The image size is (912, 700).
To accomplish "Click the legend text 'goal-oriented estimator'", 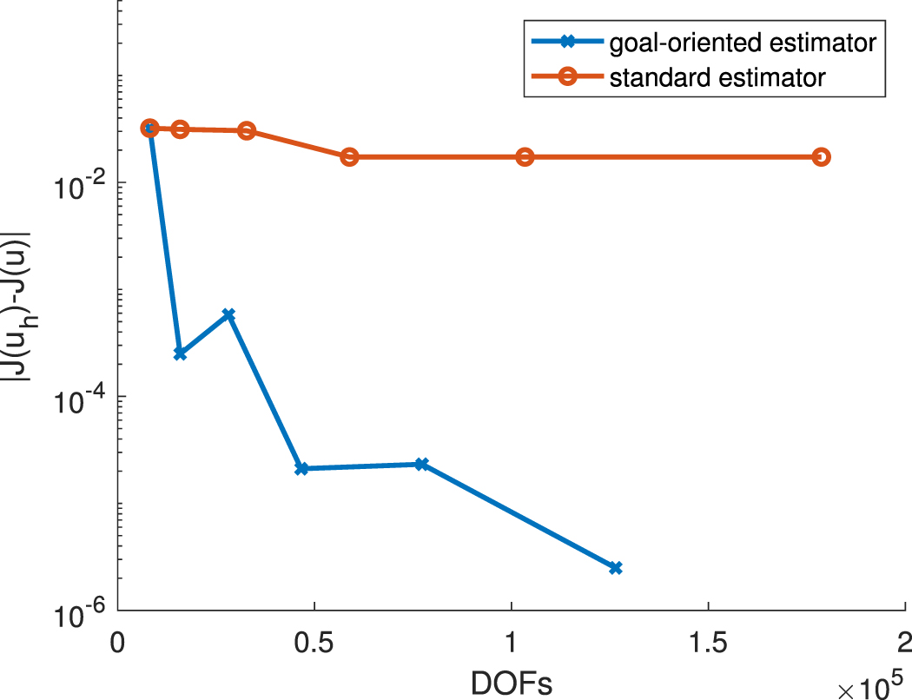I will [743, 42].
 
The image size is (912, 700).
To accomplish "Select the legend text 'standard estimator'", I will [717, 77].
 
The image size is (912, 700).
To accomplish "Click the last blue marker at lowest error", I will [616, 567].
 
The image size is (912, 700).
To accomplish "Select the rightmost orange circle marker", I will [821, 156].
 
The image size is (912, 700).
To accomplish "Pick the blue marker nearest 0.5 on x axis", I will [301, 468].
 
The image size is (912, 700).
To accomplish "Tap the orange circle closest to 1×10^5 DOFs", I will [525, 156].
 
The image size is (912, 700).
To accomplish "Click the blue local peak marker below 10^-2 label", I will [229, 314].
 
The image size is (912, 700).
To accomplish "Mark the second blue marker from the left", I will [180, 353].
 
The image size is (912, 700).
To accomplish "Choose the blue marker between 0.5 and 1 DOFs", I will [421, 464].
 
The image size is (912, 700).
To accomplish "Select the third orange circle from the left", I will [247, 130].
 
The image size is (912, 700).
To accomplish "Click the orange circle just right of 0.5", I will [349, 156].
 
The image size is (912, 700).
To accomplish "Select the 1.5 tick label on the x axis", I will [708, 643].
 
